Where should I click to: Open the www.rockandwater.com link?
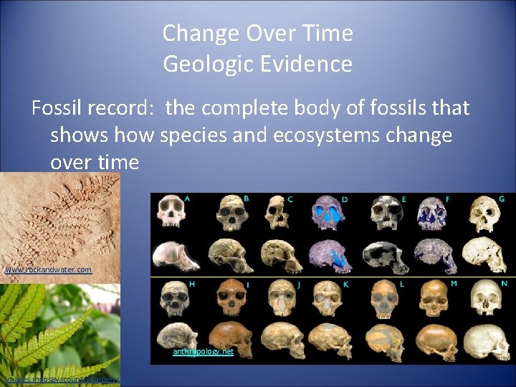(48, 270)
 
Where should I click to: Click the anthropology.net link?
(203, 352)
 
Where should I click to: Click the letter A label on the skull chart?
(187, 199)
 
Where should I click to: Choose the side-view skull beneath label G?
(483, 254)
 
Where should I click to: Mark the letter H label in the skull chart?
(193, 284)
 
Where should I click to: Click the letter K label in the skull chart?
(345, 285)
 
